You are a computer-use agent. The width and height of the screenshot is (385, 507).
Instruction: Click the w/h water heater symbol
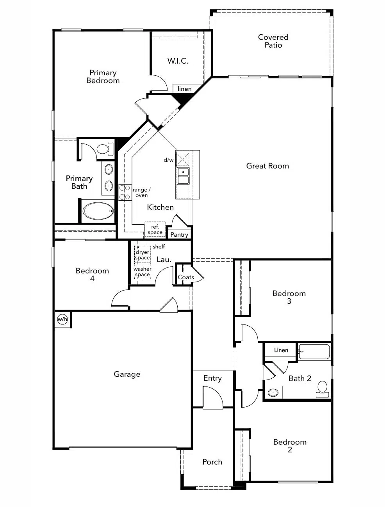pos(62,319)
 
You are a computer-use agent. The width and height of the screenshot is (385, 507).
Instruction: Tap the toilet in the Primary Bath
pos(104,149)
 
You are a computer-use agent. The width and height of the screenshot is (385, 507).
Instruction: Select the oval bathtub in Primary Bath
pos(98,211)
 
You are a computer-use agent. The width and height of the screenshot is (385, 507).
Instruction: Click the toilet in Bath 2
pos(322,388)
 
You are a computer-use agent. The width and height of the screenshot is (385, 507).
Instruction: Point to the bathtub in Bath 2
pos(315,352)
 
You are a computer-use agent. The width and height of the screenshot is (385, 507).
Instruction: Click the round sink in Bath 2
pos(275,392)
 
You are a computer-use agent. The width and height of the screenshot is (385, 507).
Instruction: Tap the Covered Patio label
pos(273,41)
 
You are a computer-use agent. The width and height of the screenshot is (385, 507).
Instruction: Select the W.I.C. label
pos(178,61)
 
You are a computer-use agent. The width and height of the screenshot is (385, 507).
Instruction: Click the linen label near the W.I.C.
pos(184,89)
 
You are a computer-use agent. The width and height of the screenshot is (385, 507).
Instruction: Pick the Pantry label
pos(179,235)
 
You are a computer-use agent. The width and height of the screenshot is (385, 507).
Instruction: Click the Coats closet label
pos(186,277)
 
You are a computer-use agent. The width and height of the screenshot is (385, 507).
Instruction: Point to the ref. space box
pos(155,230)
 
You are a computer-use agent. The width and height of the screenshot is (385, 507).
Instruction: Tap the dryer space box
pos(143,255)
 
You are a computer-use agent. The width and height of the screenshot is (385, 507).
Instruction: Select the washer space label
pos(143,272)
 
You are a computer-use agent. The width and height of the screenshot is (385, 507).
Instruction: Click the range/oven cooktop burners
pos(125,192)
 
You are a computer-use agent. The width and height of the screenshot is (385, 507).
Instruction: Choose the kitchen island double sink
pos(183,176)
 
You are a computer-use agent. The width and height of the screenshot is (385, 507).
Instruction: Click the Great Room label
pos(267,166)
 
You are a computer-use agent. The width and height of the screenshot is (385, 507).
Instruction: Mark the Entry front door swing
pos(212,398)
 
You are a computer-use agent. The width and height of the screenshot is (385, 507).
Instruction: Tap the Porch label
pos(212,462)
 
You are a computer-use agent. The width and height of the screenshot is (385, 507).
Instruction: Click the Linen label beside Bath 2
pos(281,350)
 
